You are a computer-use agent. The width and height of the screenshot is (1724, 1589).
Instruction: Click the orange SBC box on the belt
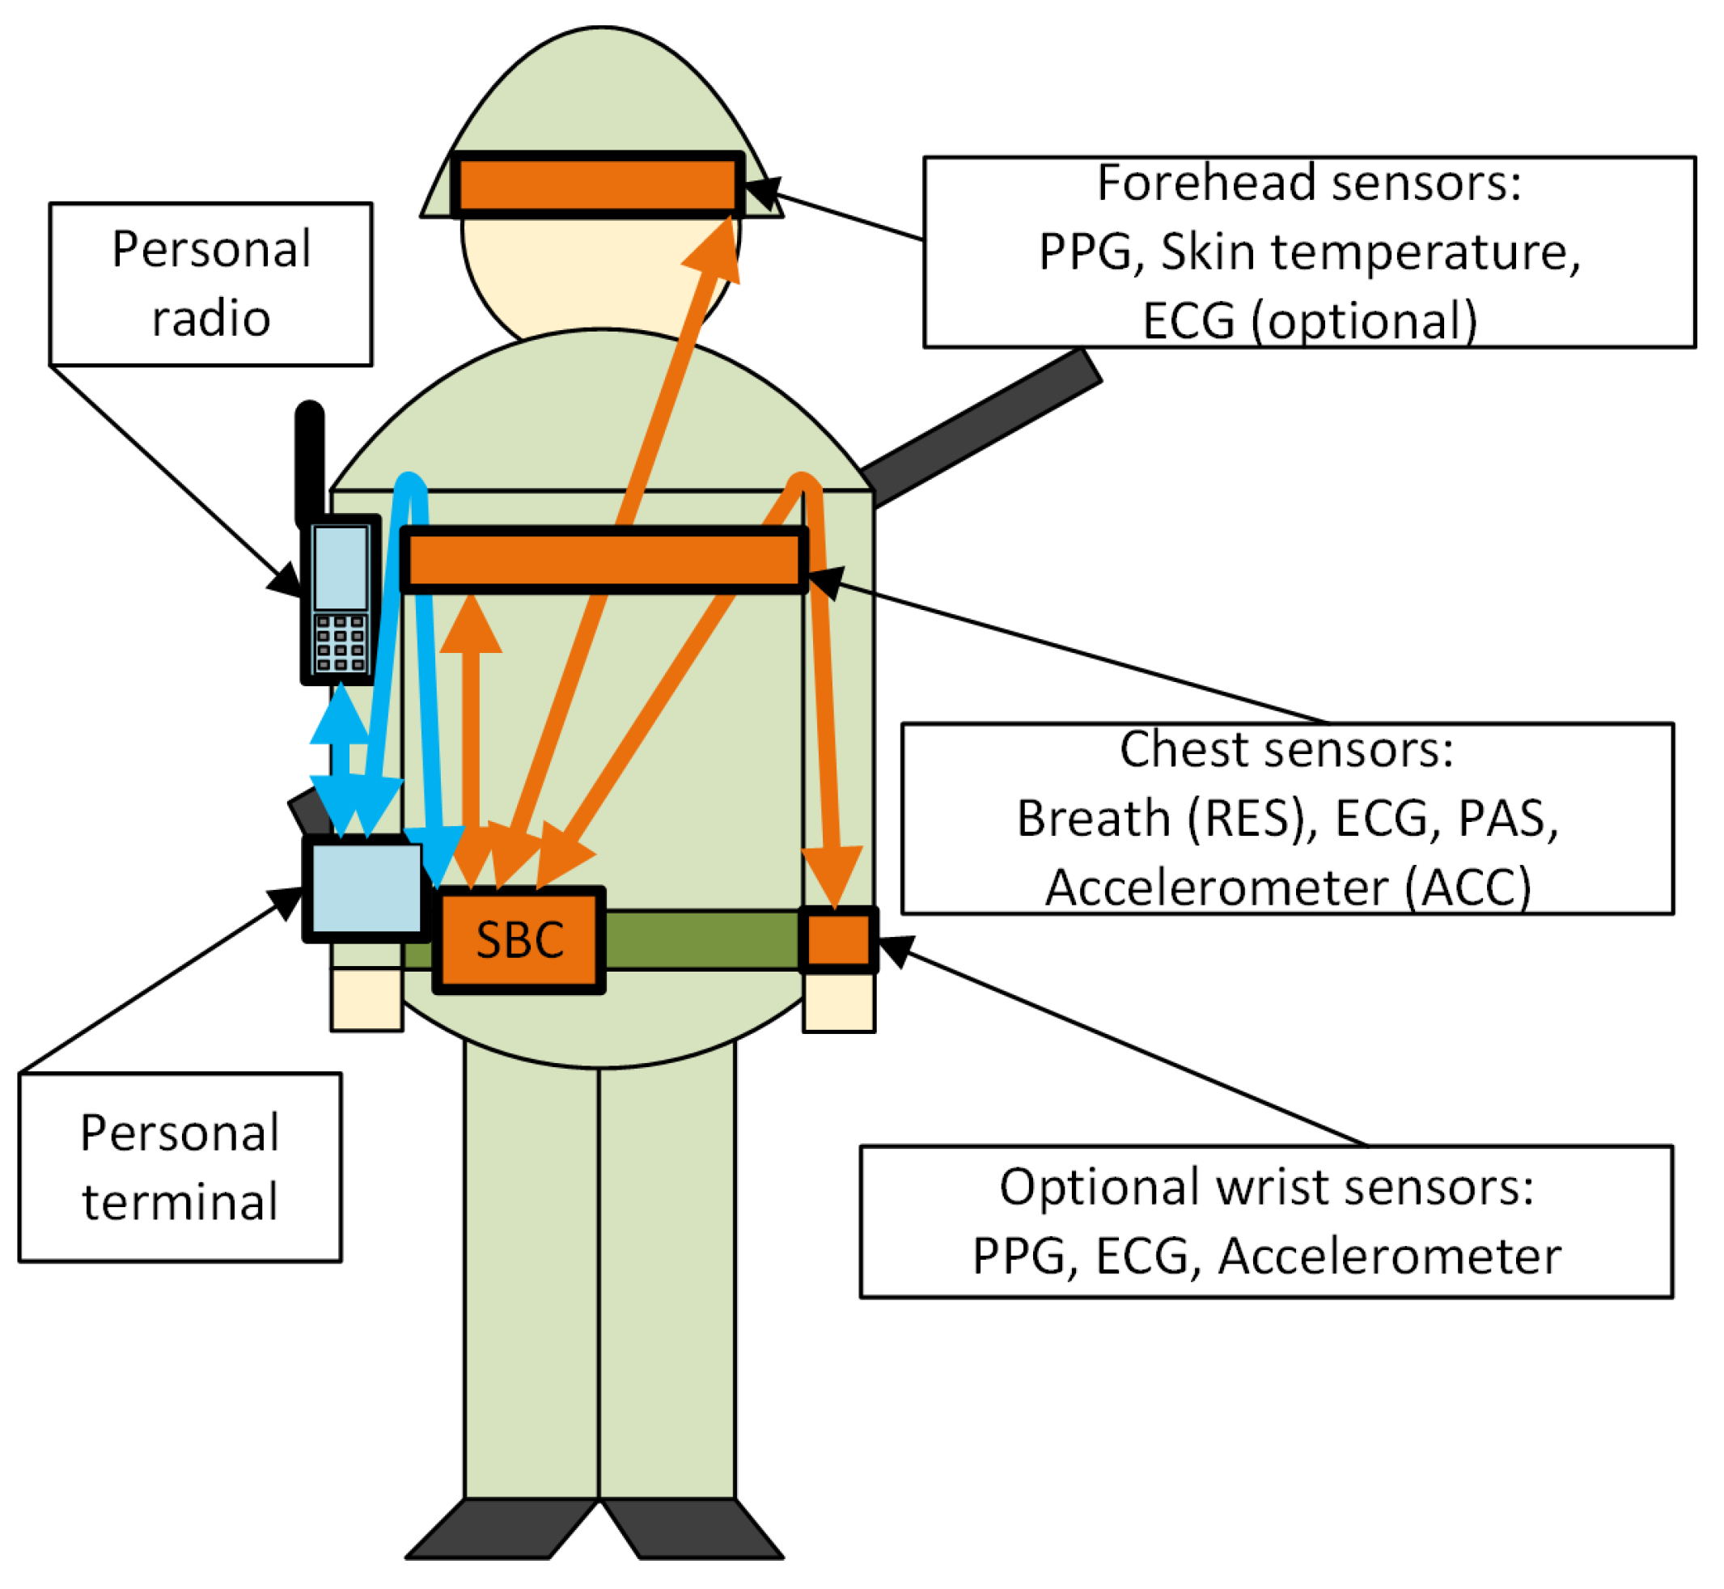tap(519, 940)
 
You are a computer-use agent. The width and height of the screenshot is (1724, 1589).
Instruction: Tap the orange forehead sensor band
tap(598, 183)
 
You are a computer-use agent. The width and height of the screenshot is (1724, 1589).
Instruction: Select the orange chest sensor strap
tap(604, 560)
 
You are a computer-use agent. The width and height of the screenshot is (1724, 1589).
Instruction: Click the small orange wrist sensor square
tap(838, 940)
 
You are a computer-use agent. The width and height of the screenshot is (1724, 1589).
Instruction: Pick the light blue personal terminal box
tap(366, 888)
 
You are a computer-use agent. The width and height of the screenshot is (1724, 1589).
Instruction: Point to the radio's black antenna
tap(310, 460)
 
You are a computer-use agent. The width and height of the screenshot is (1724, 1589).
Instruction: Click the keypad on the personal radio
tap(341, 642)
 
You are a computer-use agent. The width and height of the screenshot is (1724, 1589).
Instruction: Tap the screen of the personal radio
tap(341, 566)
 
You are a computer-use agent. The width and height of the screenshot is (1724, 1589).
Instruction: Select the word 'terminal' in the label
tap(180, 1202)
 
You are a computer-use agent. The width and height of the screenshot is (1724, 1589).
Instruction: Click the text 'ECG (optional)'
tap(1309, 320)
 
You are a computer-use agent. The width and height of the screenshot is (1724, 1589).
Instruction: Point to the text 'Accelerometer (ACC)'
tap(1287, 887)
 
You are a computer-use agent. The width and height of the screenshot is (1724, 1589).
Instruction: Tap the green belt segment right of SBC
tap(701, 940)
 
